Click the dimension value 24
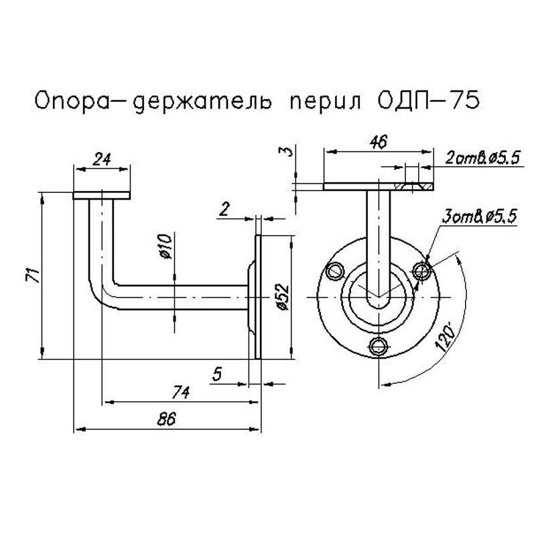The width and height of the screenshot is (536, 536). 102,159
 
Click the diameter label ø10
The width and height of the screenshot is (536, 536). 167,247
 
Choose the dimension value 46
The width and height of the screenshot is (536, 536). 379,142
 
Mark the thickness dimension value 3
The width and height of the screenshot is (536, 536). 287,152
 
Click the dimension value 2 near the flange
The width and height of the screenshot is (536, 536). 225,209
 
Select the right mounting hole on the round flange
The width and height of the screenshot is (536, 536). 422,270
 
